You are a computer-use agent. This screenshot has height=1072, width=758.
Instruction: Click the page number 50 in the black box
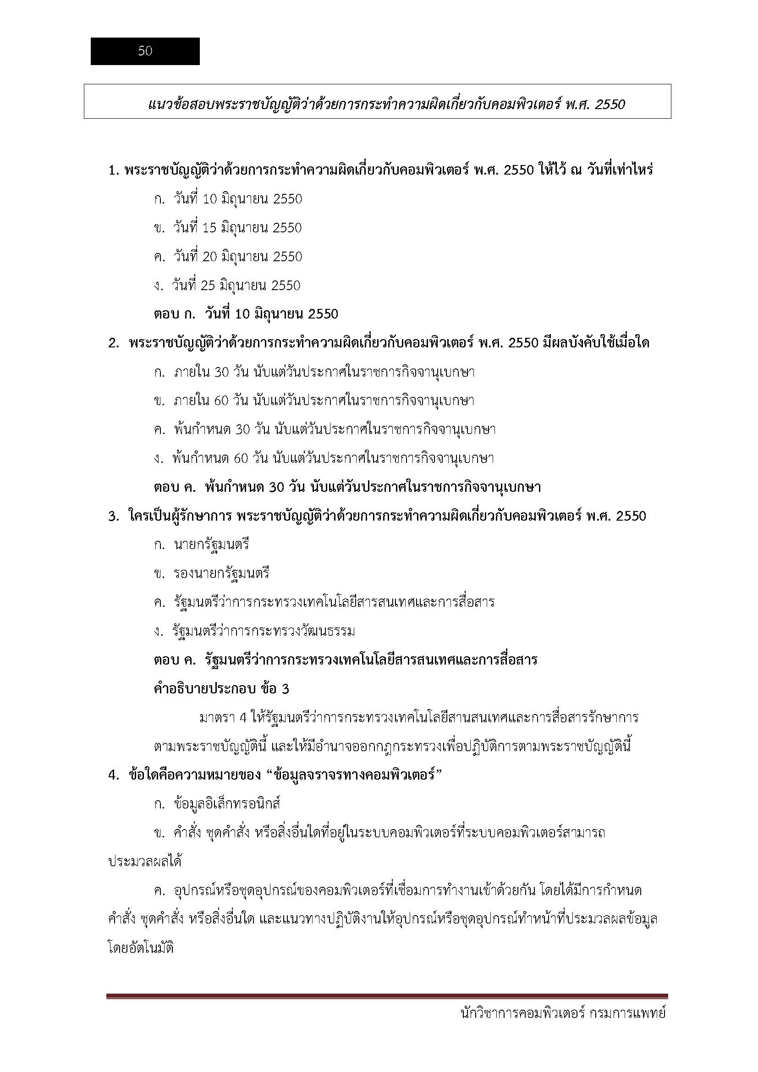click(145, 51)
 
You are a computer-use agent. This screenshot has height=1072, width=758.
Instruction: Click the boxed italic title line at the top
click(386, 104)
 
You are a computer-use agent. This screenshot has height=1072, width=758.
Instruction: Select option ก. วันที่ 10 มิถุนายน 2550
click(228, 199)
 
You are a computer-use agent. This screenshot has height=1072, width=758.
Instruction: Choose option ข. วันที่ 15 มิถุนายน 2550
click(228, 228)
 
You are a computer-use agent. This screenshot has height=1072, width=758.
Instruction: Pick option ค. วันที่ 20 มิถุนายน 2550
click(228, 257)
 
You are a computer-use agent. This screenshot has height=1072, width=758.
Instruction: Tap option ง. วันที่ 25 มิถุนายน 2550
click(227, 286)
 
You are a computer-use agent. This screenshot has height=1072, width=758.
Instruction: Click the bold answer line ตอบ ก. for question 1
click(246, 314)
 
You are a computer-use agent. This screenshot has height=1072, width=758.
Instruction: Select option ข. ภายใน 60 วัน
click(314, 401)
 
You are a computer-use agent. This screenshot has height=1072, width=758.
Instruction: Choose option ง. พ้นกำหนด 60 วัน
click(324, 458)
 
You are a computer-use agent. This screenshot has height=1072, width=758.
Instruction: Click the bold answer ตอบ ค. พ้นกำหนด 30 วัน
click(347, 488)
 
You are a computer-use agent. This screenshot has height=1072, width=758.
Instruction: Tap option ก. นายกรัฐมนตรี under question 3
click(202, 545)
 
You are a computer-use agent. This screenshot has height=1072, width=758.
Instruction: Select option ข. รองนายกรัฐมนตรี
click(212, 574)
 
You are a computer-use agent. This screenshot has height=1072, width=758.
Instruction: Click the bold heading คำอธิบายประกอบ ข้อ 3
click(221, 689)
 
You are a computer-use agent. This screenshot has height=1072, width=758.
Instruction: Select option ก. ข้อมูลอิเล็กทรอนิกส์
click(217, 804)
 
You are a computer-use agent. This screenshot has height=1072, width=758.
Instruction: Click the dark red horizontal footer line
click(387, 996)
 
